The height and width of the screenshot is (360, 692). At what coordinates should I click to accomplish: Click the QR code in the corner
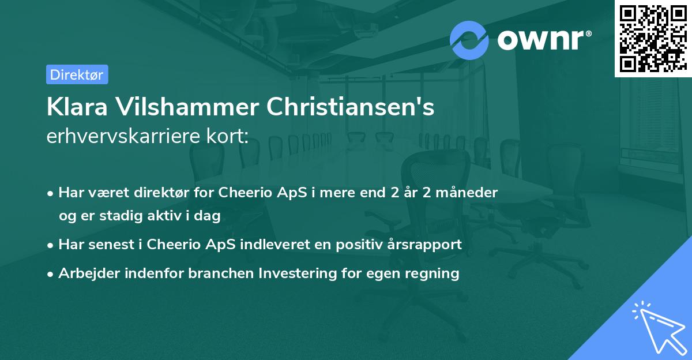click(652, 38)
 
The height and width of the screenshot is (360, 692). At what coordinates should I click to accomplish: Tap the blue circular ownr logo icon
click(469, 40)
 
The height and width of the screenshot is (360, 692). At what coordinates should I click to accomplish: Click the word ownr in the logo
click(543, 40)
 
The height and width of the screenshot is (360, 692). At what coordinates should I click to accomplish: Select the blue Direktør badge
click(77, 74)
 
